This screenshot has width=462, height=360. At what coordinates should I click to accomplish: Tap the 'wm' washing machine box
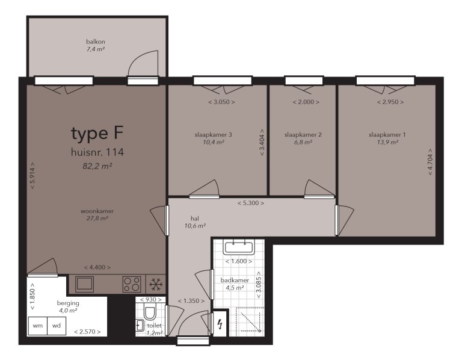point(38,325)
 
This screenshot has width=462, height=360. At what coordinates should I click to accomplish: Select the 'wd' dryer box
point(56,325)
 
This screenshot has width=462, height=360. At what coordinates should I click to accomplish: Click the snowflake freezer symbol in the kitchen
point(156,284)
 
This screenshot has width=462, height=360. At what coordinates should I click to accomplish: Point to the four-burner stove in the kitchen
point(132,284)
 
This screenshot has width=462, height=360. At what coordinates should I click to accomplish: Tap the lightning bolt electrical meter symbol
point(221,325)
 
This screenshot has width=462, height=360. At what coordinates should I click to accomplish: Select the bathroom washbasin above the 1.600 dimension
point(239,246)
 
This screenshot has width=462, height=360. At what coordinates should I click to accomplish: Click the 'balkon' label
point(96,42)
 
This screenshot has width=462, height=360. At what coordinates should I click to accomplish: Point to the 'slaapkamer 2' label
point(303,135)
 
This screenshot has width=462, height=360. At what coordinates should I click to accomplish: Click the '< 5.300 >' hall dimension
point(250,203)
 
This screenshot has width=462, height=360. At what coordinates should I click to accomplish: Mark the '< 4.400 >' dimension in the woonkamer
point(97,267)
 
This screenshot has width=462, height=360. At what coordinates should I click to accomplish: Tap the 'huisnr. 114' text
point(97,152)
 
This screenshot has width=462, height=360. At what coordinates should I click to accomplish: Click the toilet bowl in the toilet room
point(150,312)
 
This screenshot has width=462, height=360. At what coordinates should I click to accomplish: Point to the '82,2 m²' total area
point(97,166)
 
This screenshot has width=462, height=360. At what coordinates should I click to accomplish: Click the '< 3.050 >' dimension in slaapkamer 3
point(221,102)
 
